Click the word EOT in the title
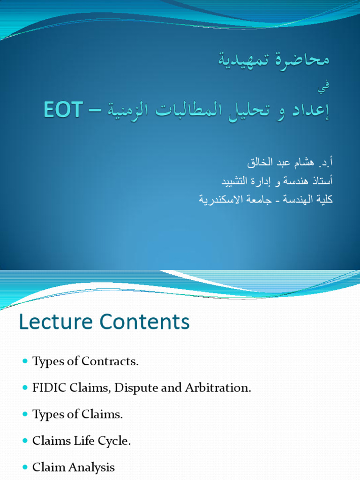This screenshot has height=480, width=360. click(63, 110)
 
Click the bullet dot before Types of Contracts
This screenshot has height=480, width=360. click(25, 361)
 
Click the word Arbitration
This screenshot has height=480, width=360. click(222, 389)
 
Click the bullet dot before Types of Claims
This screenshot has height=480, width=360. click(25, 414)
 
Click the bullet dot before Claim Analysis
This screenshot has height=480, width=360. click(25, 467)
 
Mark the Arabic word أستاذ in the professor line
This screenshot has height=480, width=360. click(319, 181)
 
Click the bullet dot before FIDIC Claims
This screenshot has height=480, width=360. click(25, 388)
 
